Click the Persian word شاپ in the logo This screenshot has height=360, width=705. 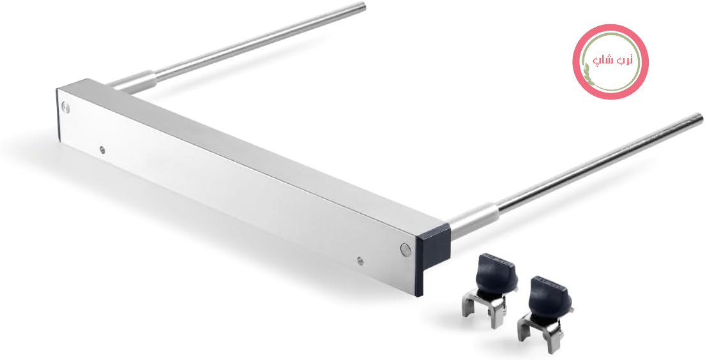coord(601,61)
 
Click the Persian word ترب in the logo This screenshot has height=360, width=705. coord(623,60)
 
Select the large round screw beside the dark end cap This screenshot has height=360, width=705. coord(406,250)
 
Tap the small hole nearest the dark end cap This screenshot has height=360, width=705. coord(360,260)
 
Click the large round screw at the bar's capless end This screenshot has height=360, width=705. coord(65,107)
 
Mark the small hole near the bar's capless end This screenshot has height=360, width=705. coord(102,149)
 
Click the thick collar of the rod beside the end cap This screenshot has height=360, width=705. coord(473,220)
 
